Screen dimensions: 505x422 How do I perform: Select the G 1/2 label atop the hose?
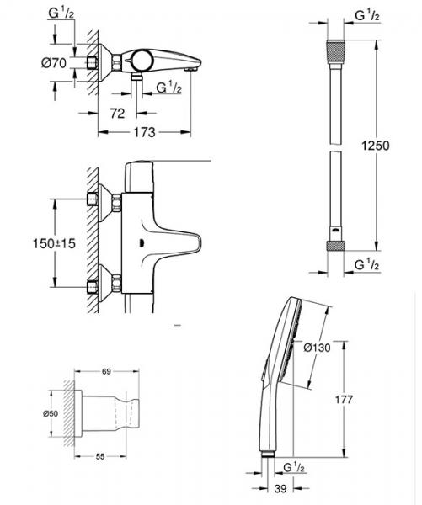click(366, 15)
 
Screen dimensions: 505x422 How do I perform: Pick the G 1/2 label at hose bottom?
click(366, 265)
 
